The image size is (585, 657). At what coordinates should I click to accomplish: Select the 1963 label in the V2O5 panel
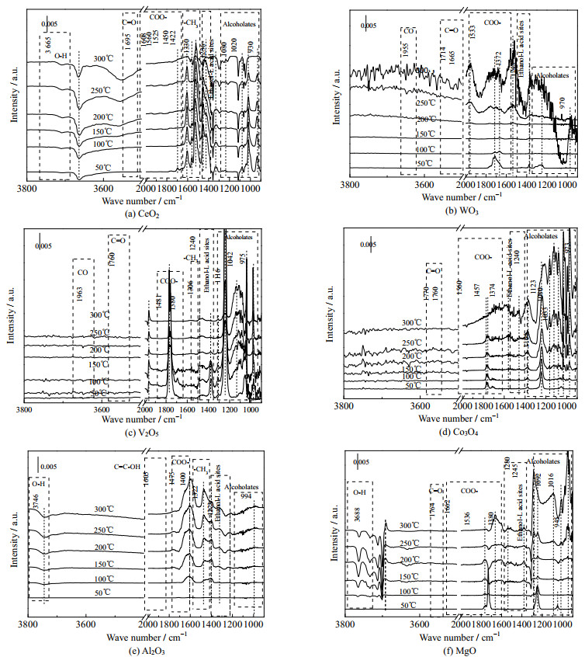click(x=81, y=294)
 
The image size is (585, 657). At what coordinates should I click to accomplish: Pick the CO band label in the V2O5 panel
click(x=83, y=273)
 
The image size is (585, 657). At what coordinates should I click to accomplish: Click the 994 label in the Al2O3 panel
click(x=245, y=496)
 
